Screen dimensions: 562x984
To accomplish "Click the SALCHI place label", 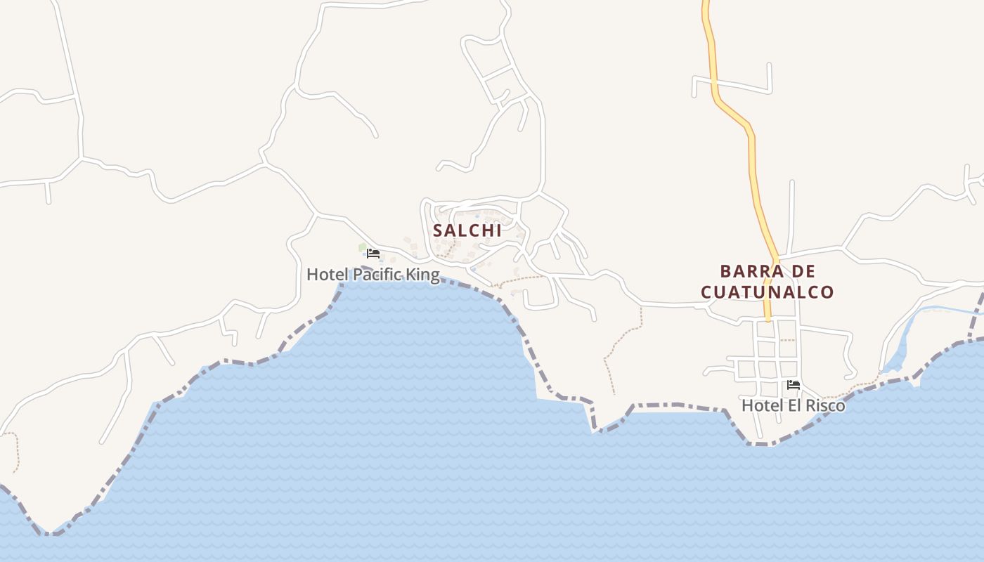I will click(x=467, y=230).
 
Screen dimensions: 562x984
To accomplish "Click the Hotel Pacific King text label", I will click(x=373, y=275).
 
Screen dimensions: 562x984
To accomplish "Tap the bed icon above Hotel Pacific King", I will click(x=373, y=254).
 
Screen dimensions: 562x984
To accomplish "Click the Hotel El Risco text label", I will click(x=793, y=405).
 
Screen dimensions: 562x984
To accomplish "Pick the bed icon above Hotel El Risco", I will click(x=794, y=384).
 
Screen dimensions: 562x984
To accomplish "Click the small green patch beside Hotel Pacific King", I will click(x=363, y=247).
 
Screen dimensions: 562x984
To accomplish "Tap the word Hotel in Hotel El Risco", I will click(x=758, y=405).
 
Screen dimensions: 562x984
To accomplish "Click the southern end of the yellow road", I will click(x=768, y=318).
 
